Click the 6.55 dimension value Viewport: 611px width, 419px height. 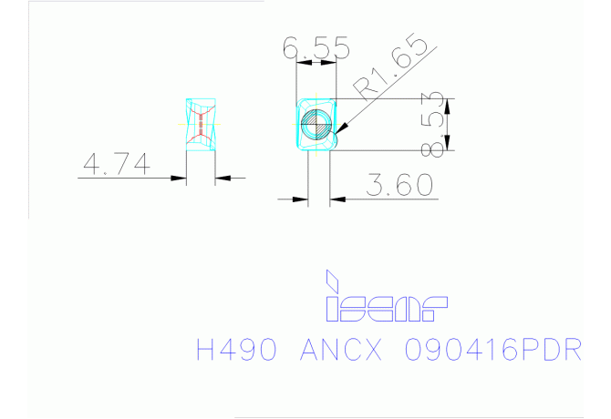(316, 47)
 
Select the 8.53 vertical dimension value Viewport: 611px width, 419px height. (433, 124)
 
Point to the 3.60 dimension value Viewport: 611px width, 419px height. (399, 185)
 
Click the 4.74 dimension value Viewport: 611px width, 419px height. (117, 164)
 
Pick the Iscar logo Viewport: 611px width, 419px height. (386, 296)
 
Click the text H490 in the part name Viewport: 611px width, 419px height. (237, 350)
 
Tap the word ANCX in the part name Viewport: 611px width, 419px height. (341, 350)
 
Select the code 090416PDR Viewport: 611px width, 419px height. (493, 350)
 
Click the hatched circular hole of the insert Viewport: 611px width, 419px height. (316, 125)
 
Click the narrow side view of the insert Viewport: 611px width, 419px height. (201, 125)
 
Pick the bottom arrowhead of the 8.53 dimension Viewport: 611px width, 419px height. (448, 142)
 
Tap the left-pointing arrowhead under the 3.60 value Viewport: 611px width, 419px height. (337, 199)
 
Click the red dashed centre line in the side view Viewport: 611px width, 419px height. (201, 125)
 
